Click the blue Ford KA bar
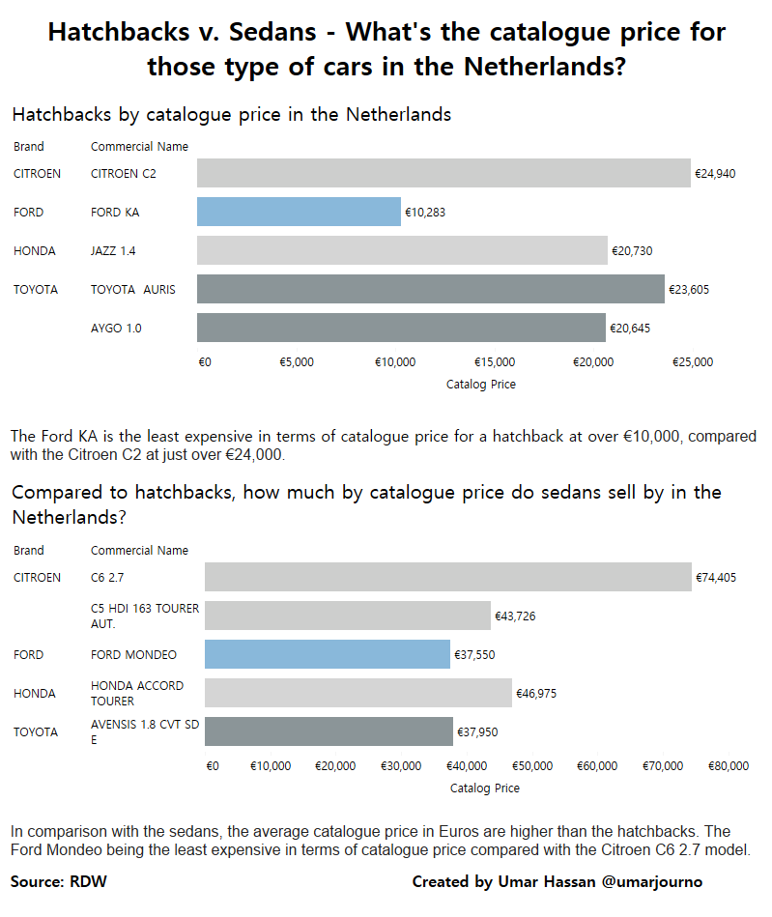pos(299,212)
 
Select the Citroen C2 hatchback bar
pos(443,173)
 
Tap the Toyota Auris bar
pos(430,289)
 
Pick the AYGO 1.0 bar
pos(401,328)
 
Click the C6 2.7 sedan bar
pos(447,577)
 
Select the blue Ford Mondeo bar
pos(327,654)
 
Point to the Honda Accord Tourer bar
pos(357,693)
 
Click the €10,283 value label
pos(425,213)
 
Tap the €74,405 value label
pos(716,578)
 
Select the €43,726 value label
pos(515,616)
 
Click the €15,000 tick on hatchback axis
pos(495,362)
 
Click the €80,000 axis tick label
pos(729,766)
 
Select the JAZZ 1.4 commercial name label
pos(113,251)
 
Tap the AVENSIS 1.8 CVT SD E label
pos(145,731)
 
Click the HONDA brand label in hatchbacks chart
pos(35,251)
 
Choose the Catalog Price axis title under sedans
pos(485,788)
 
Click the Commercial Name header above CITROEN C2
pos(139,147)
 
